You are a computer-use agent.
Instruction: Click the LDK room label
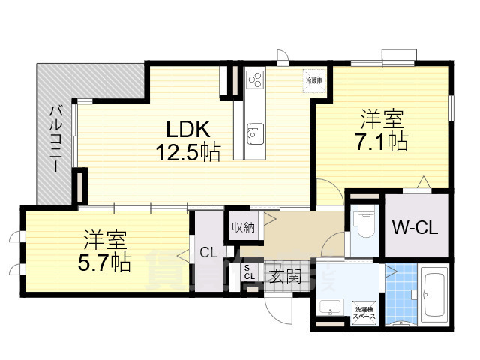click(187, 128)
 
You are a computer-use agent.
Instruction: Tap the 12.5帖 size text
click(187, 153)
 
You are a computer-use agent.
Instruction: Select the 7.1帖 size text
click(382, 141)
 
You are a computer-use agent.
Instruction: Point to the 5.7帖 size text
click(105, 262)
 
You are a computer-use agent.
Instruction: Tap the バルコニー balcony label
click(55, 139)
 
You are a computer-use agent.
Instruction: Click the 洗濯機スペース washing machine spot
click(365, 310)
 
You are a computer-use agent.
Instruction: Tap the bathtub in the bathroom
click(434, 295)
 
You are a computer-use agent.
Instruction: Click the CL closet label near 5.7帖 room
click(208, 253)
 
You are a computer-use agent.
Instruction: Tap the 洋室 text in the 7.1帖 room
click(382, 118)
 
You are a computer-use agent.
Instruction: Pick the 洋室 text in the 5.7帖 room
click(105, 241)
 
